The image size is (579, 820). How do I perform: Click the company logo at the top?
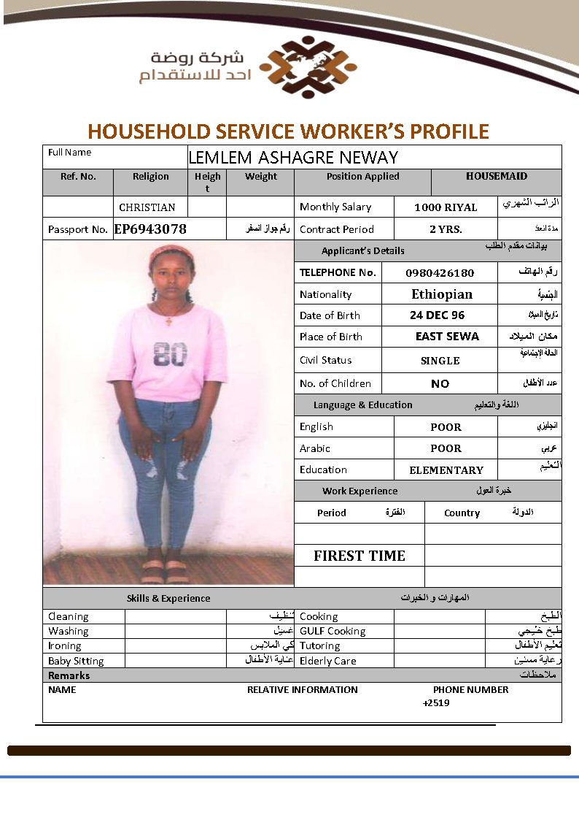pos(308,67)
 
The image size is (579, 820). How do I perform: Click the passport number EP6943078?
pos(150,229)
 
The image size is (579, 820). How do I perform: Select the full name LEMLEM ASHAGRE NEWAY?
pos(293,157)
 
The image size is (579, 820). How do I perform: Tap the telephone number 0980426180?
pos(440,273)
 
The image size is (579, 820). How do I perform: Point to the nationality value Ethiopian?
pos(442,294)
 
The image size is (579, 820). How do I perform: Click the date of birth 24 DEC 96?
pos(437,315)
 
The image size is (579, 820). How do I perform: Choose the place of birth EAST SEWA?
pos(447,337)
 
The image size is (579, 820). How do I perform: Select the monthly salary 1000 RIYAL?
pos(446,207)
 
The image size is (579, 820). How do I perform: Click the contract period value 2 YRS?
pos(446,229)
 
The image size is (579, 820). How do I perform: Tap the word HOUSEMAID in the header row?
pos(497,176)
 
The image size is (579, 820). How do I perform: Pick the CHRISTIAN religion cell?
pos(147,207)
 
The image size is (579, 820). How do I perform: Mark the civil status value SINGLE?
pos(440,361)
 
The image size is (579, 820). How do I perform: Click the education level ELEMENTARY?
pos(446,470)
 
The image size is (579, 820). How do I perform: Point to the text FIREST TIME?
pos(360,556)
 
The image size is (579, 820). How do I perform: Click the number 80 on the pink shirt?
pos(170,354)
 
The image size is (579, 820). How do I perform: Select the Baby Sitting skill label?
pos(76,661)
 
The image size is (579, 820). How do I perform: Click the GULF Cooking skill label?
pos(333,631)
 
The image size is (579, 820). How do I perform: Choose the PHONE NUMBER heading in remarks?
pos(470,689)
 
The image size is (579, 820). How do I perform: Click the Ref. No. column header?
pos(78,176)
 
